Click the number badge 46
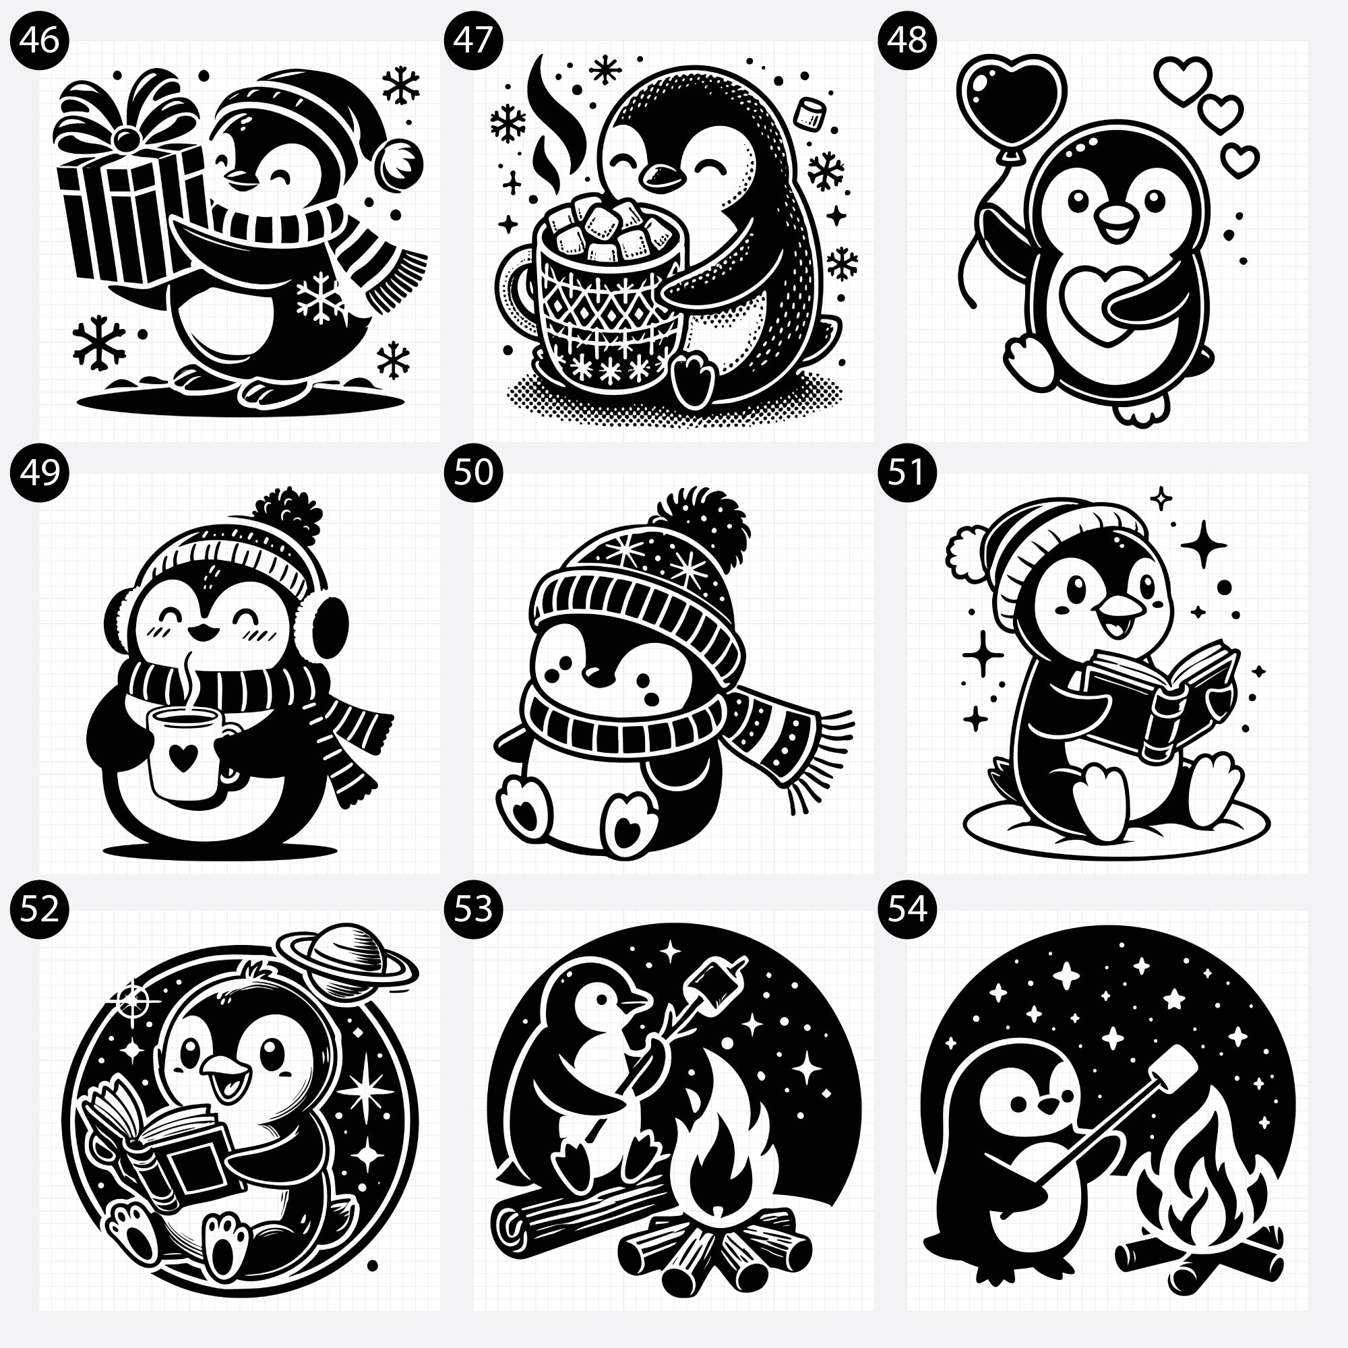click(x=40, y=40)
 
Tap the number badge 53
click(x=473, y=909)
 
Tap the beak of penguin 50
click(x=597, y=673)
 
